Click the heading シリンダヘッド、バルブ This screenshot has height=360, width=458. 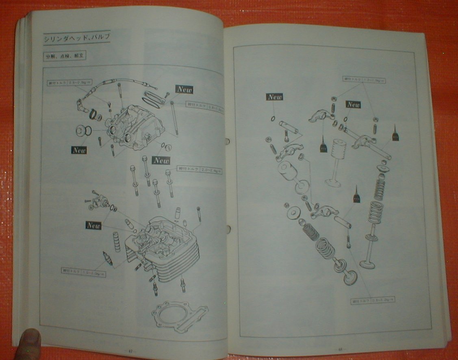coord(77,39)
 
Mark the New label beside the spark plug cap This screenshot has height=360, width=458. coord(79,150)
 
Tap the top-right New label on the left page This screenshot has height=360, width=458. coord(184,89)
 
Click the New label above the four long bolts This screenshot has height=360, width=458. coord(161,160)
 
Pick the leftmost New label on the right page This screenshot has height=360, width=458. coord(275,97)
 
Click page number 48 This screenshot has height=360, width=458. coord(339,349)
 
